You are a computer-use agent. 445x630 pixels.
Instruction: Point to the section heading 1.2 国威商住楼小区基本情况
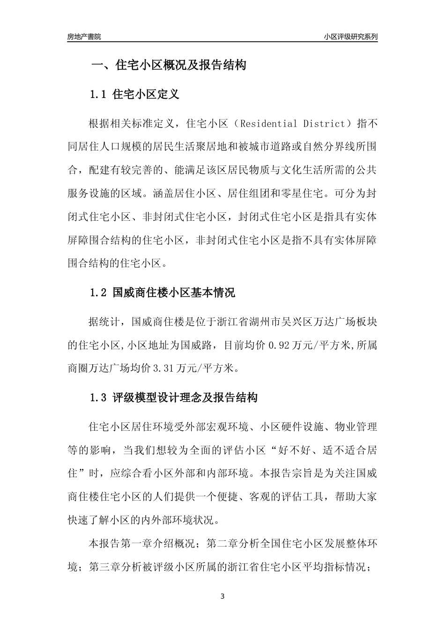coord(162,293)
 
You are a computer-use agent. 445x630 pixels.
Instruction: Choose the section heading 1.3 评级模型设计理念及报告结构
coord(173,398)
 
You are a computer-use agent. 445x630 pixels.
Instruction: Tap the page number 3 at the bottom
coord(222,597)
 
